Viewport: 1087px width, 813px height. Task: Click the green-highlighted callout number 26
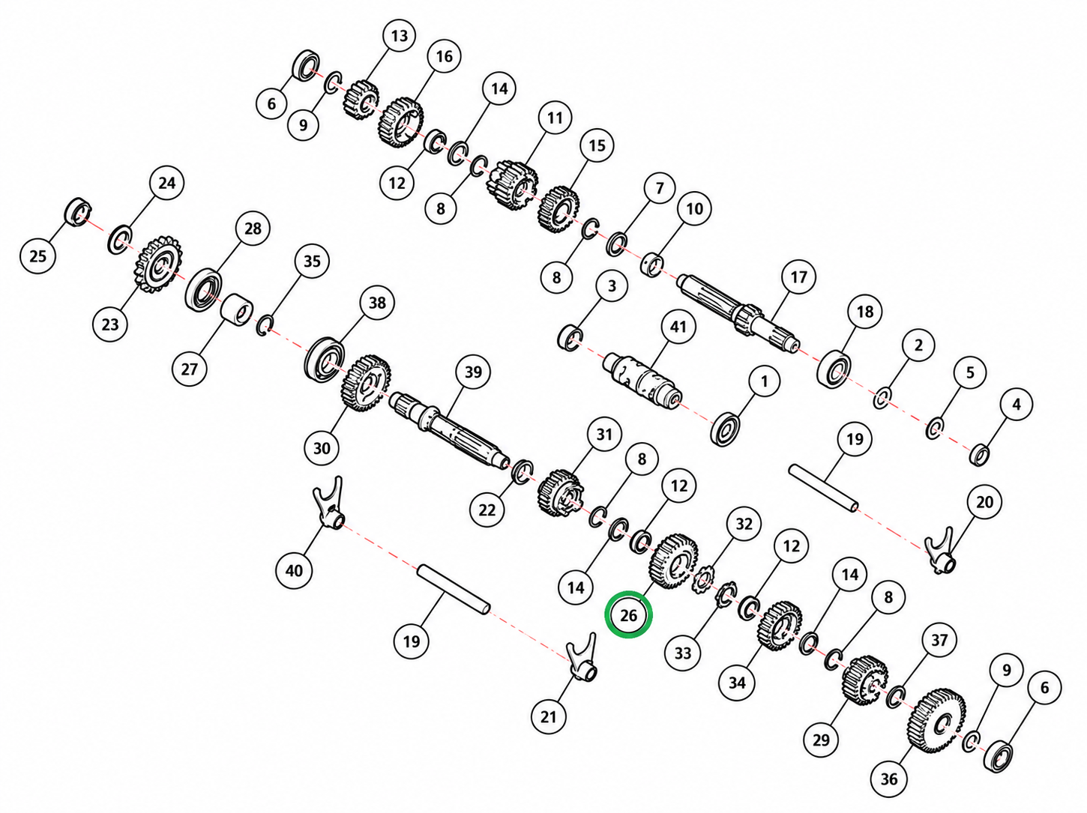[628, 615]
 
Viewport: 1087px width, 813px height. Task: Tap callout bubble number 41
[678, 327]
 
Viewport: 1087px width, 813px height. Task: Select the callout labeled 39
[473, 372]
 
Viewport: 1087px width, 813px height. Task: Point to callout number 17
[798, 276]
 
